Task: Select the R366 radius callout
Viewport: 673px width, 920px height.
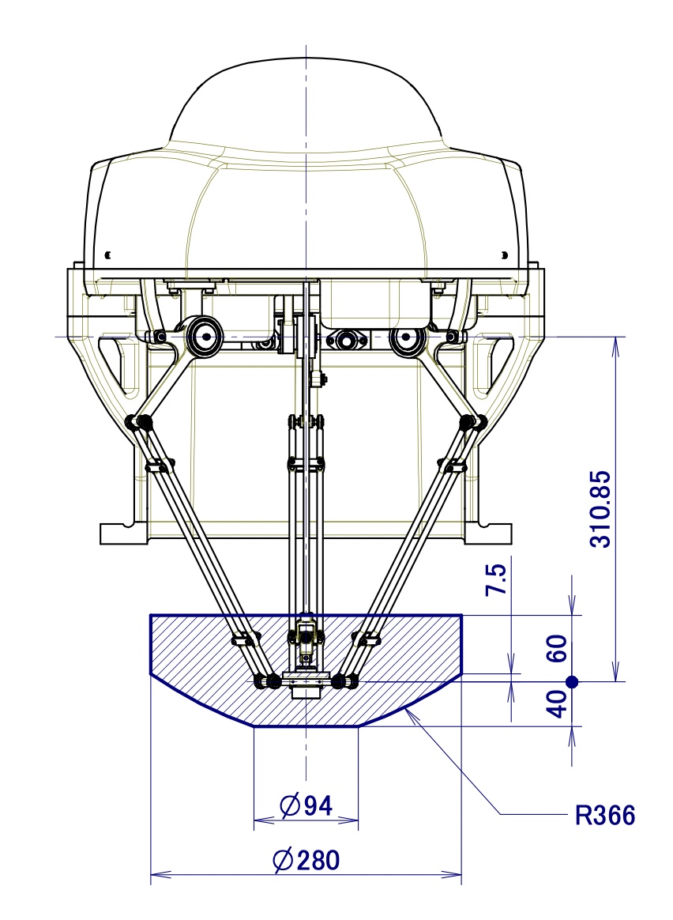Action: pos(605,815)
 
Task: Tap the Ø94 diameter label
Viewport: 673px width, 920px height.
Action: pos(306,805)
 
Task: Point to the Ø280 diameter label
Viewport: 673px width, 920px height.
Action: pos(306,859)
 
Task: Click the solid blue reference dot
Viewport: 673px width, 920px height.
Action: pos(573,681)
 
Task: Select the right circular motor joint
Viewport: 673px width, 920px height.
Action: pos(406,337)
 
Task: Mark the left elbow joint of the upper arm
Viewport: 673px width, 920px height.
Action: pos(143,423)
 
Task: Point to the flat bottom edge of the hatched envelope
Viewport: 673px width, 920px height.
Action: pos(306,726)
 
